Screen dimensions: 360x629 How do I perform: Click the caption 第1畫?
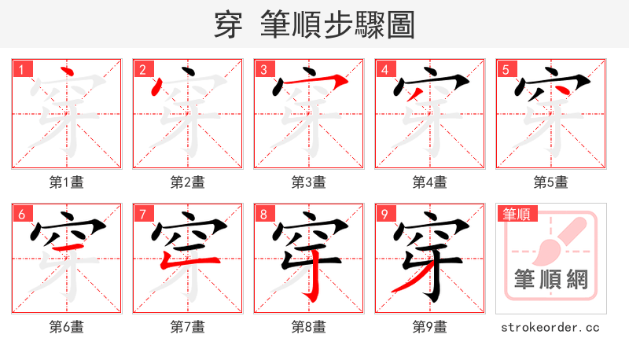coord(67,182)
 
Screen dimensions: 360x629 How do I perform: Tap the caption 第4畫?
coord(430,182)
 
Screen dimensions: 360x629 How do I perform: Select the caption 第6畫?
coord(67,327)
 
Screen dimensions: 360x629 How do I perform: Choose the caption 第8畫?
coord(309,327)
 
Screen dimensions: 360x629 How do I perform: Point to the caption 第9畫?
coord(430,327)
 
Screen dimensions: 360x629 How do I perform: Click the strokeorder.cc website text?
coord(551,327)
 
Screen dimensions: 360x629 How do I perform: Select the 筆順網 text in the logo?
coord(551,279)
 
